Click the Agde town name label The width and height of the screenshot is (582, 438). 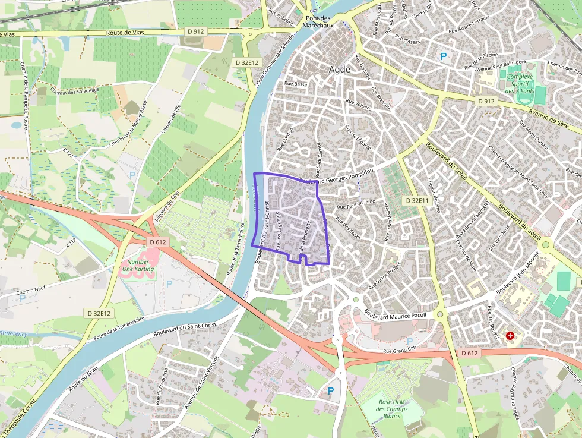click(340, 70)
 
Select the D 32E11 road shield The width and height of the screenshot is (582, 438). click(416, 201)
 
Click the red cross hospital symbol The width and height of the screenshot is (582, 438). click(510, 336)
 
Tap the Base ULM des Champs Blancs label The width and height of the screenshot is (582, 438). click(393, 409)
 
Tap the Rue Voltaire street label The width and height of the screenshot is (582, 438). click(359, 105)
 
